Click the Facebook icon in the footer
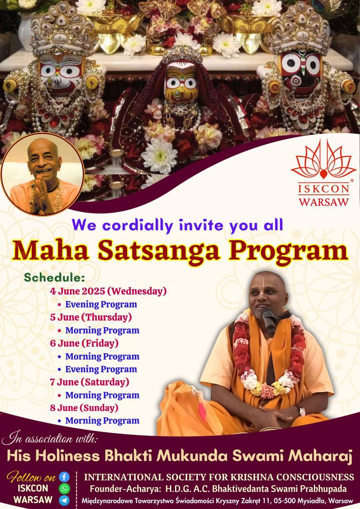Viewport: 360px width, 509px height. point(64,477)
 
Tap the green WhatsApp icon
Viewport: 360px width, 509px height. point(64,488)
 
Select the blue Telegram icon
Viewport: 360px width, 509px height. point(64,500)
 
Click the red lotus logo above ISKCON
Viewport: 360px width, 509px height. point(323,160)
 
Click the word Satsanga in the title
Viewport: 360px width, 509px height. point(159,252)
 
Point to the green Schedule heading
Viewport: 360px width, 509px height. point(54,278)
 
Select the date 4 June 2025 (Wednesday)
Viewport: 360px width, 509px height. point(109,291)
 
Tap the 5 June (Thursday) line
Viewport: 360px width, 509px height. point(91,317)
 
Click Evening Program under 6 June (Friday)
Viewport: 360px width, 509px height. point(101,369)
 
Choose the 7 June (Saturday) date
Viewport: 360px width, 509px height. point(90,382)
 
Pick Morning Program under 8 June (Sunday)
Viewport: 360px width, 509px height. point(102,421)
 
